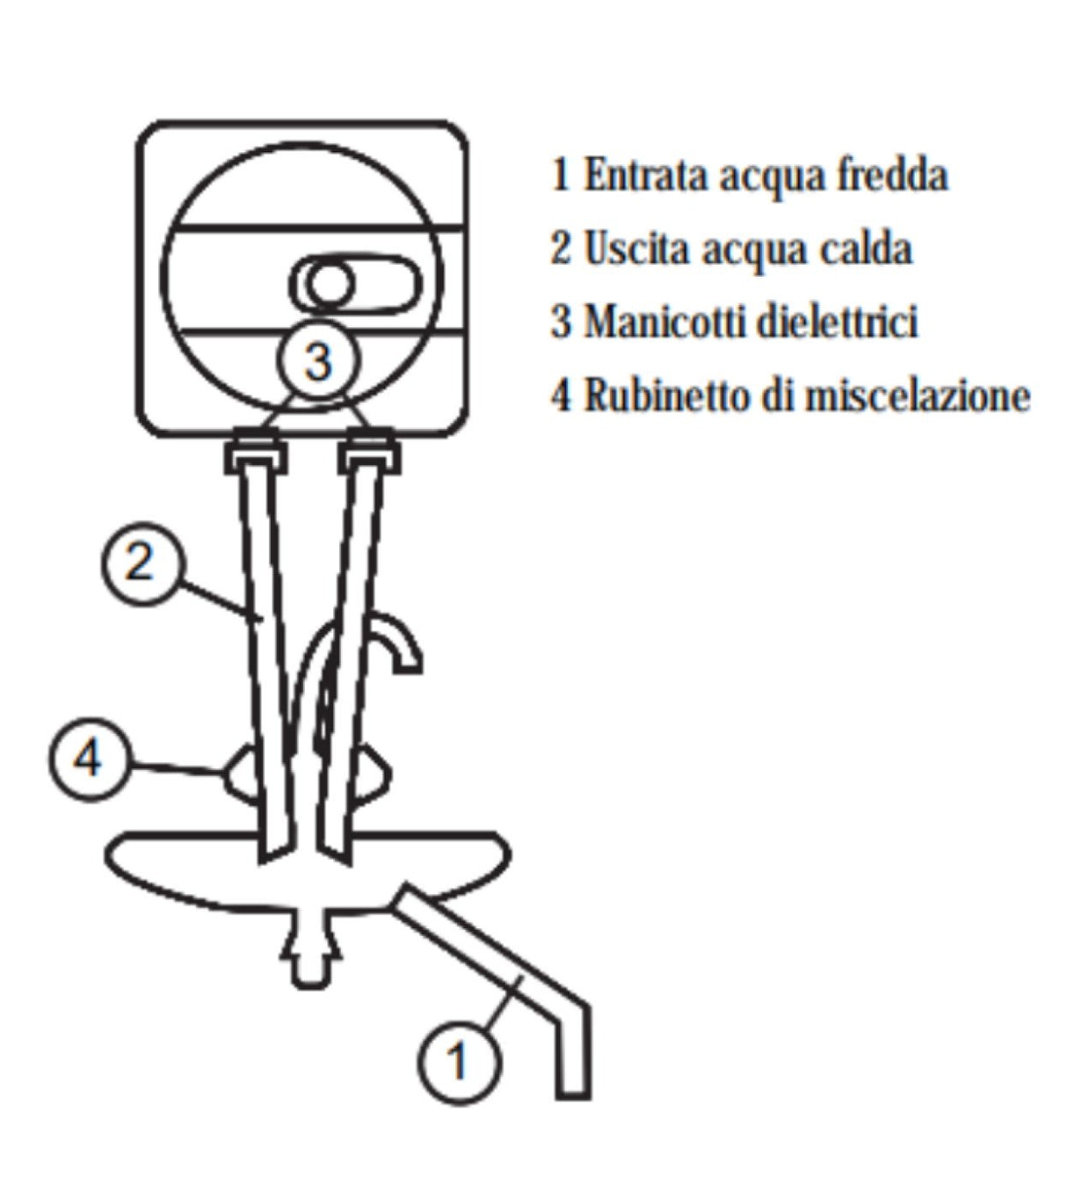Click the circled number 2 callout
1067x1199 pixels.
[142, 563]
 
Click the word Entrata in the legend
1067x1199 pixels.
[646, 175]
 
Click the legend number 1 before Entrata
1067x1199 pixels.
[561, 175]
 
